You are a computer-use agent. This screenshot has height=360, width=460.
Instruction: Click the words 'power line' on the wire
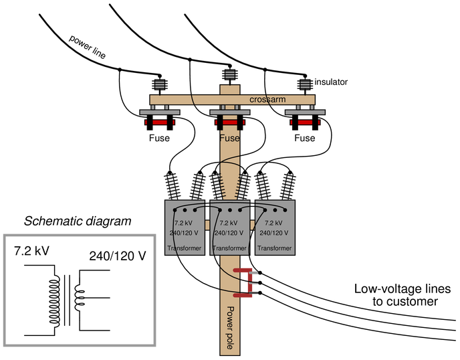[87, 47]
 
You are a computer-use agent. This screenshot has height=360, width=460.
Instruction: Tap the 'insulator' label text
[331, 82]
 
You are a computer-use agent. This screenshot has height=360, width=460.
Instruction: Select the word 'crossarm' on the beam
[267, 100]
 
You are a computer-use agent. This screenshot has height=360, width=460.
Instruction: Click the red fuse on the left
[160, 122]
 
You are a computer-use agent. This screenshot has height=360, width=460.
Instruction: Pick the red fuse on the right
[305, 122]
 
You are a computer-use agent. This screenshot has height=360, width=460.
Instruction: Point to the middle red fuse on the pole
[230, 122]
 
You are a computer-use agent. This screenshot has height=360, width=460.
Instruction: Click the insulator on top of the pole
[230, 75]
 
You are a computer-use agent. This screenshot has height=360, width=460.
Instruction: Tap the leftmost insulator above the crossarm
[160, 85]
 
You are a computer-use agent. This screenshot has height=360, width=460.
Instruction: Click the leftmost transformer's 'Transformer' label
[185, 248]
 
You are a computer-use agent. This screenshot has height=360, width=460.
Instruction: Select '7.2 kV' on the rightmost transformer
[273, 223]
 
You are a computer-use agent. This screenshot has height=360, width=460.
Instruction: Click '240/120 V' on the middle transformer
[229, 233]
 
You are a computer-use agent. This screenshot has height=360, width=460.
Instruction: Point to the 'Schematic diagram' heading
[78, 221]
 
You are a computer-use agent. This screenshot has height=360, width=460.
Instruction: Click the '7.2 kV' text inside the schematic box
[31, 251]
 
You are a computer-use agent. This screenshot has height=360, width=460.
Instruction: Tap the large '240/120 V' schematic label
[118, 256]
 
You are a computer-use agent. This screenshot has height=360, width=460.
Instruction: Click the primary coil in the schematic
[54, 300]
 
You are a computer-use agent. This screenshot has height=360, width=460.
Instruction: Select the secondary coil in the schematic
[80, 298]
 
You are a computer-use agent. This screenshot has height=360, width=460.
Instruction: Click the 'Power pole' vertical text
[231, 328]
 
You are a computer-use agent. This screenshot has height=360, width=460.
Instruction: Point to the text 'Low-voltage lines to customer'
[402, 295]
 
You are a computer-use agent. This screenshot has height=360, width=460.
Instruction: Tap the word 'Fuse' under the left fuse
[159, 138]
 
